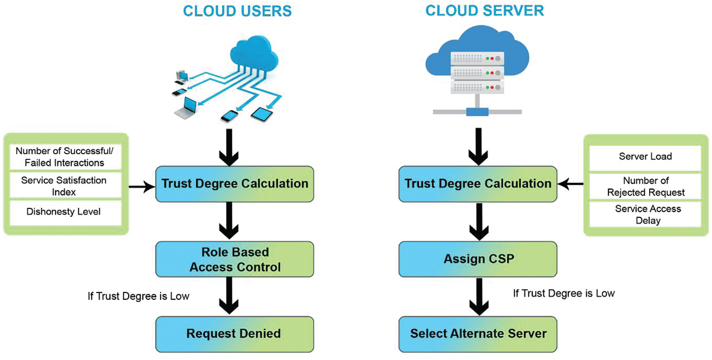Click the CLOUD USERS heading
coord(237,11)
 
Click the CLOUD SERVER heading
coord(484,11)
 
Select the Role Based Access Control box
coord(234,259)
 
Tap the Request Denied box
coord(234,334)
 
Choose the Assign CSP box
coord(478,259)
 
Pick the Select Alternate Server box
coord(478,334)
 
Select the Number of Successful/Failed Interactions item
coord(65,157)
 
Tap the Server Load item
coord(645,157)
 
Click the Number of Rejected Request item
coord(645,186)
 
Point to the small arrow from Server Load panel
coord(570,184)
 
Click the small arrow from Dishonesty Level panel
coord(142,187)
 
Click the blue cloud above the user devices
coord(254,53)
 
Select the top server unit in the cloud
coord(478,58)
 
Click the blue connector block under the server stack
coord(477,112)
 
